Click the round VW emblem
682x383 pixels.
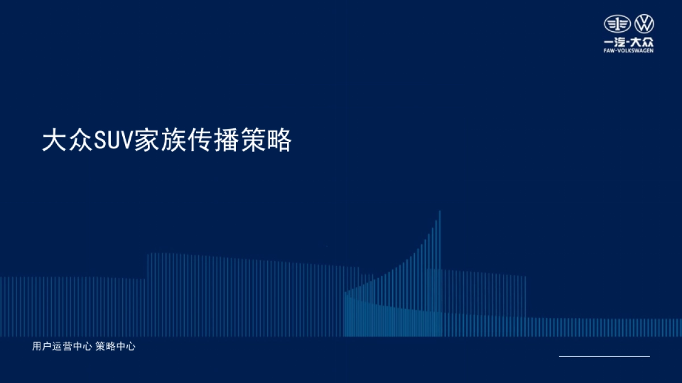coord(644,24)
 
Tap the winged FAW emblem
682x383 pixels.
coord(618,24)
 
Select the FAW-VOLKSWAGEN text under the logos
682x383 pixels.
coord(629,50)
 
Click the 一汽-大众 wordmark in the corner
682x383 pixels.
coord(629,43)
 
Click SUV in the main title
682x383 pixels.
coord(113,141)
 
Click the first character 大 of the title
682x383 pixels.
coord(53,141)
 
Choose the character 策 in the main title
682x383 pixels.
coord(253,141)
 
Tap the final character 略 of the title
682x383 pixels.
coord(280,141)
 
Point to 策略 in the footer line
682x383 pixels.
coord(105,347)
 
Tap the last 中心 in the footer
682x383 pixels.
coord(126,347)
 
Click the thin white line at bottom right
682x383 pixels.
coord(604,356)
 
